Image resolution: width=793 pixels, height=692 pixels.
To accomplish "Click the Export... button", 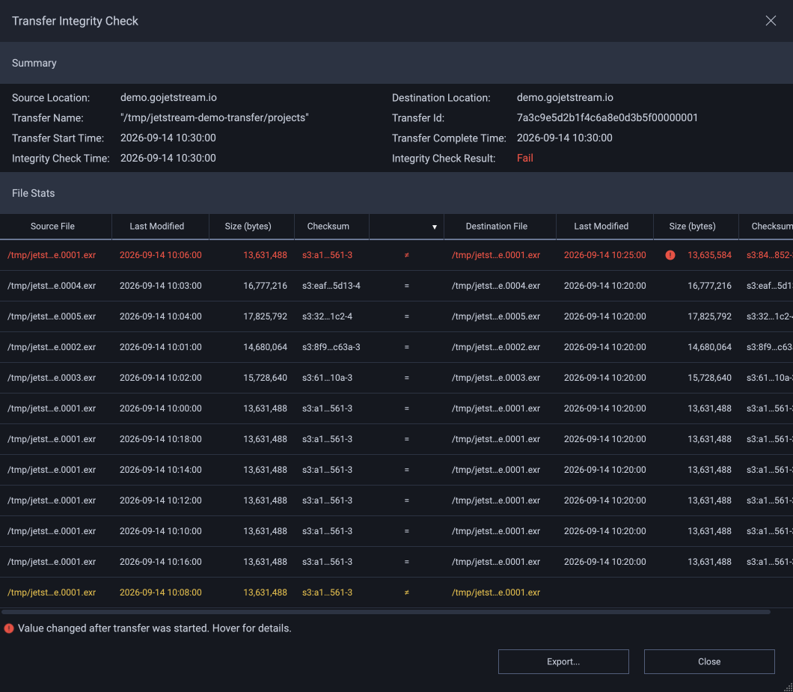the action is point(563,661).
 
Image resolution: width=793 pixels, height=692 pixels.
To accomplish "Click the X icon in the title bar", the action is point(771,21).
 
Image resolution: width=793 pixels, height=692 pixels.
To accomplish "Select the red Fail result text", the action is point(525,159).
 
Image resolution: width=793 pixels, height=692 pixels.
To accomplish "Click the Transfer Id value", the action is point(607,118).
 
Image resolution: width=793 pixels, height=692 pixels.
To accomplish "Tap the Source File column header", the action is point(52,226).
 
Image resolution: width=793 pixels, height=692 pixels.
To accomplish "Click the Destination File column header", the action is point(496,226).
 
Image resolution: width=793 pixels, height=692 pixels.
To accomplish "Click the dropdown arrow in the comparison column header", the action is point(435,227).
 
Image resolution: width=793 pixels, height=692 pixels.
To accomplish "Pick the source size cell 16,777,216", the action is point(265,286).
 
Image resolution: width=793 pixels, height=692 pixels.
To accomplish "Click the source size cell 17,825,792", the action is point(265,316).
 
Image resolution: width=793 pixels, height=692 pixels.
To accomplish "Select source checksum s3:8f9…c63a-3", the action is point(331,347).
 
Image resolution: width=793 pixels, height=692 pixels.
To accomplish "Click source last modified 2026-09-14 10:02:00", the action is point(160,378).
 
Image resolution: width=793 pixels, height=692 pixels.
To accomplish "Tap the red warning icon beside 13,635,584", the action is point(670,255).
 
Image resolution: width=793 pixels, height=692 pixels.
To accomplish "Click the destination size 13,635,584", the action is point(709,255).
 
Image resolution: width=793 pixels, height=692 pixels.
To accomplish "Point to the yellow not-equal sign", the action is point(407,593).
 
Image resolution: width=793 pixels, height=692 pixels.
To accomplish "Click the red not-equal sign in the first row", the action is point(407,255).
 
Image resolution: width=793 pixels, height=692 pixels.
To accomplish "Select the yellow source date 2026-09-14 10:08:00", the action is point(160,593).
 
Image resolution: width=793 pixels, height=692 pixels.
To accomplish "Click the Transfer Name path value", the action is point(215,118).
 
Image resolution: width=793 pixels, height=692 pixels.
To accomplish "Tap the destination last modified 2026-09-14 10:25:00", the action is point(605,255).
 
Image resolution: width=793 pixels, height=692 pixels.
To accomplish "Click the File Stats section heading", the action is point(34,193).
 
